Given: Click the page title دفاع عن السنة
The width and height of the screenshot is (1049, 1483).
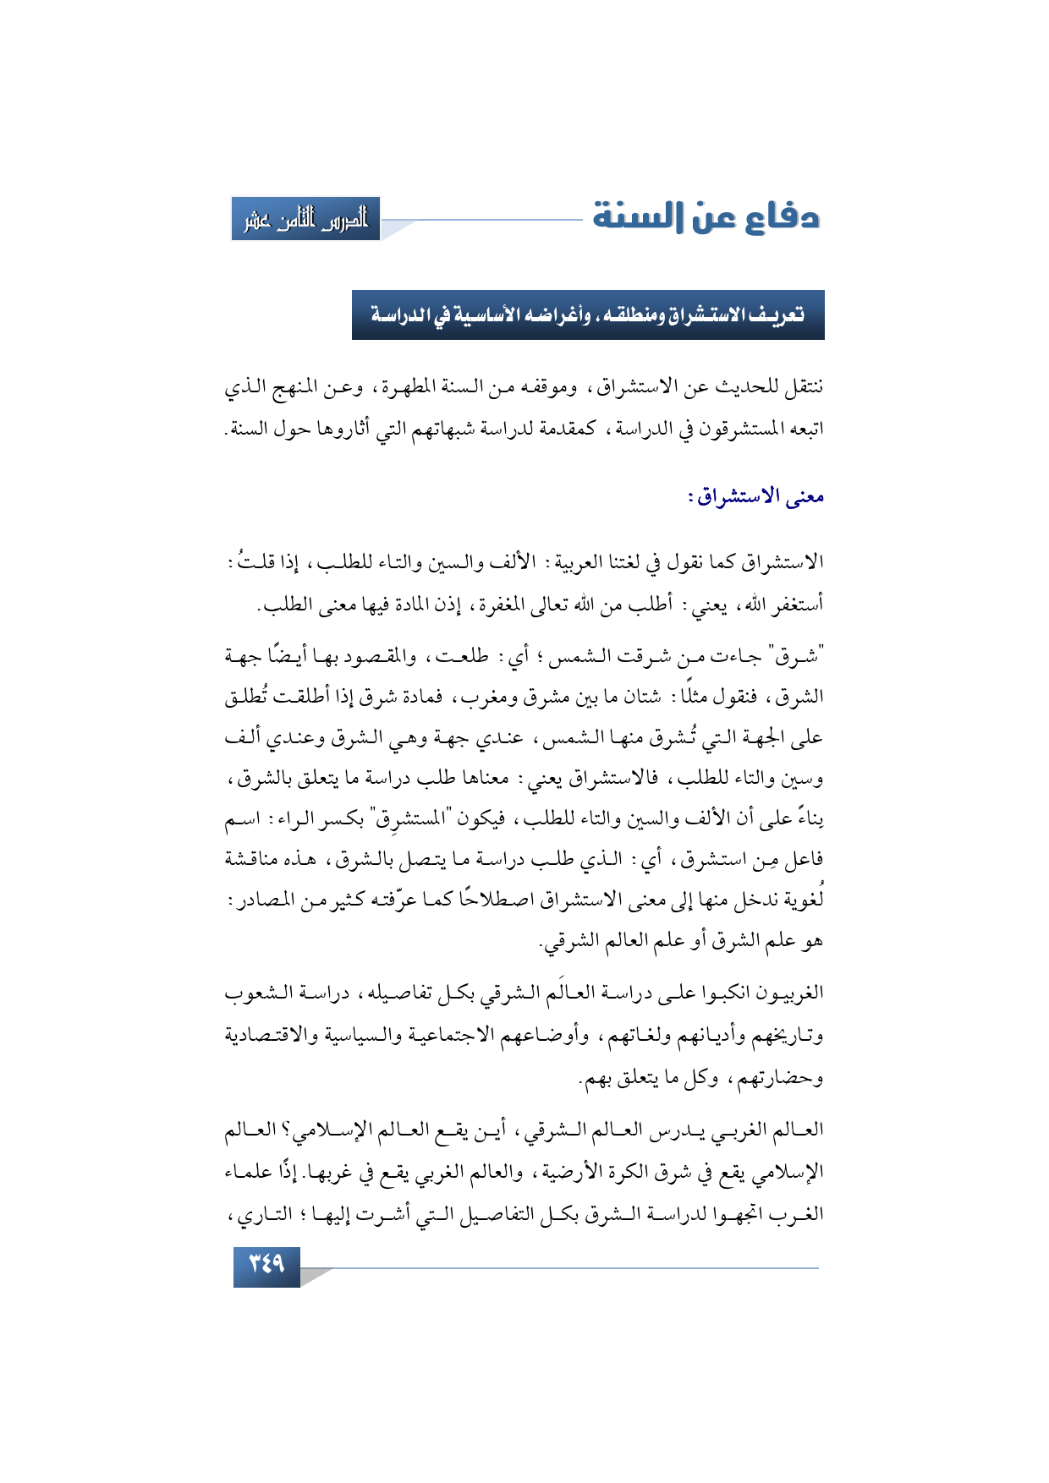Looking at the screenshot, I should point(706,217).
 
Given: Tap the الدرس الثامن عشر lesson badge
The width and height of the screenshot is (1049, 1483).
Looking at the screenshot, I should point(306,219).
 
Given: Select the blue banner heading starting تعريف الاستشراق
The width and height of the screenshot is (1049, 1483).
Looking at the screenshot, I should point(588,315).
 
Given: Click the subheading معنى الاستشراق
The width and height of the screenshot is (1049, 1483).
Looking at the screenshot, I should point(755,497).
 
